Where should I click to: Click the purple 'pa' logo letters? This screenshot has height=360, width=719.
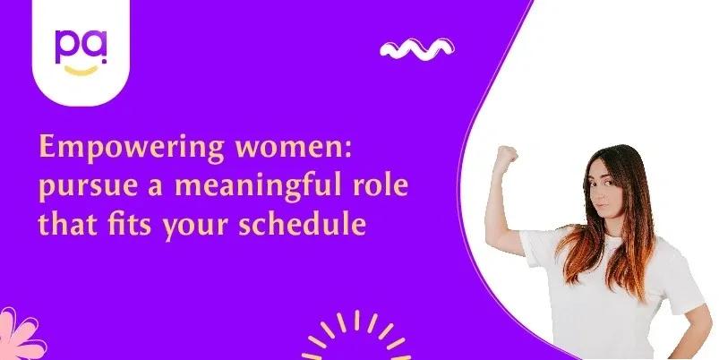(81, 47)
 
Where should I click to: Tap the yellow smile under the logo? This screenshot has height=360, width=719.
(81, 70)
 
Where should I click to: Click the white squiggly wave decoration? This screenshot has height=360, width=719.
(417, 49)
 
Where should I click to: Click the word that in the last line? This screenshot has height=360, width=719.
(67, 223)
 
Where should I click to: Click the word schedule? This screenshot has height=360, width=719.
(302, 223)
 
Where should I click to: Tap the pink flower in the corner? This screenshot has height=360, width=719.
(21, 336)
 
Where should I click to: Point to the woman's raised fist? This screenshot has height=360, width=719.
(506, 157)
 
